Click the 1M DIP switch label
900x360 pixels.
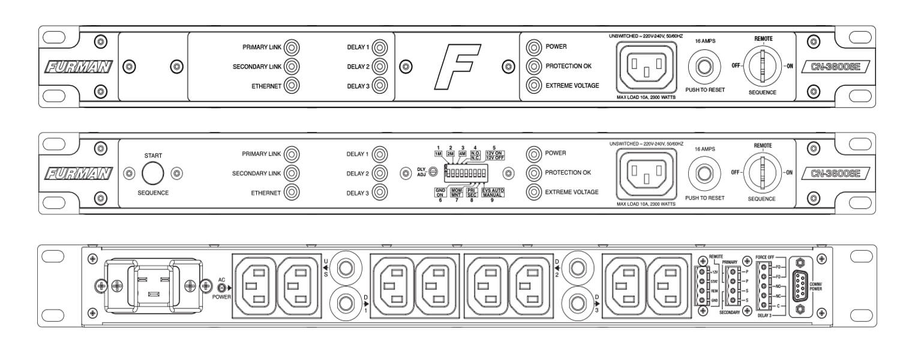(439, 154)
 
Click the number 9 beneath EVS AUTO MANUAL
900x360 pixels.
(492, 200)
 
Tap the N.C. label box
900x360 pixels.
(475, 158)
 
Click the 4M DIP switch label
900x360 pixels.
(463, 154)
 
